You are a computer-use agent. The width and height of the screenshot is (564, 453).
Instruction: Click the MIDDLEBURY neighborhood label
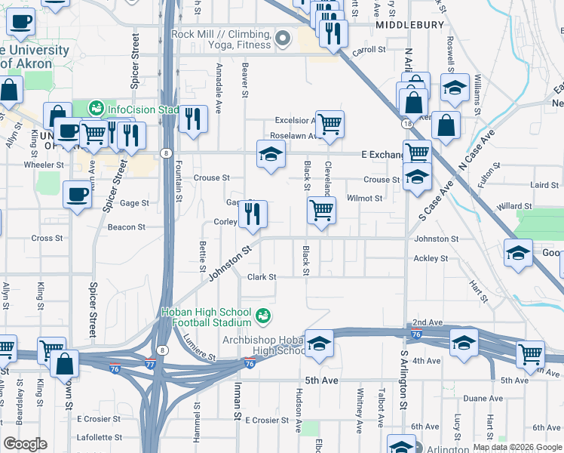[410, 24]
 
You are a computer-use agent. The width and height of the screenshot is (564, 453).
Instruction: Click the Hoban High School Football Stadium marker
[263, 316]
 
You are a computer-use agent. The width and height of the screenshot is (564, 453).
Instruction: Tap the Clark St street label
[262, 277]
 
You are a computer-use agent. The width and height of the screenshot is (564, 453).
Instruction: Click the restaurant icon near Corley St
[253, 214]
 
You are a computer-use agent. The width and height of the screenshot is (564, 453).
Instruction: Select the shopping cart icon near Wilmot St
[322, 209]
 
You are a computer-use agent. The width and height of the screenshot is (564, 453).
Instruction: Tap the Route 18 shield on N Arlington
[406, 123]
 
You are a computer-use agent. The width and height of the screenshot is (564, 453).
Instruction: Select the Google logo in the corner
[25, 444]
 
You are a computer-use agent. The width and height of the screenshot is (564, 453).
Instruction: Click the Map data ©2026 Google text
[516, 447]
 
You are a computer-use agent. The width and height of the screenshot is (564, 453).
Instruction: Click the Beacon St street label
[126, 226]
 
